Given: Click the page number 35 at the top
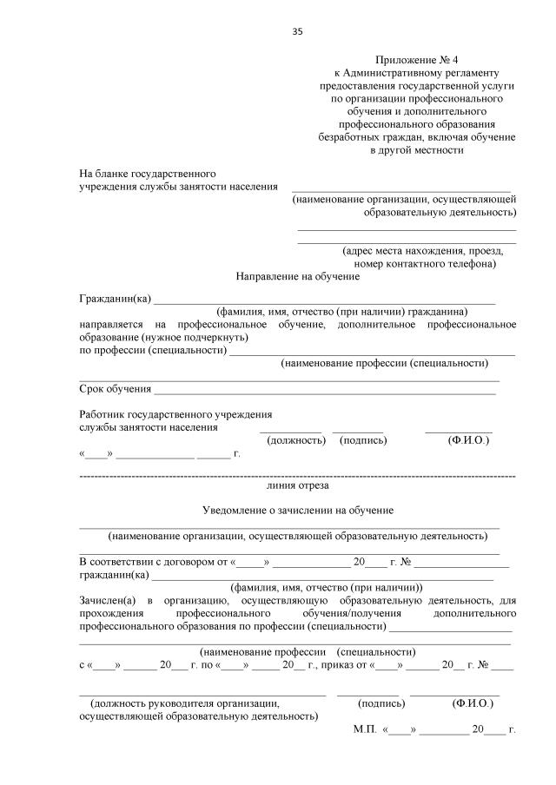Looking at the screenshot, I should click(297, 31).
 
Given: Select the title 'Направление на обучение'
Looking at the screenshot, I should click(297, 276).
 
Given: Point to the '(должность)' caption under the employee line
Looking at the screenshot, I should click(295, 440).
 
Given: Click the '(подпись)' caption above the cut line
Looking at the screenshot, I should click(363, 440).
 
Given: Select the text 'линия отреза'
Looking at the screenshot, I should click(297, 487).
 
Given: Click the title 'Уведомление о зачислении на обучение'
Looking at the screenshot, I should click(298, 510).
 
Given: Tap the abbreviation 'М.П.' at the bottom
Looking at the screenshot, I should click(364, 730).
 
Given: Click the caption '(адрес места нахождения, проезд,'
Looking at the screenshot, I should click(417, 250).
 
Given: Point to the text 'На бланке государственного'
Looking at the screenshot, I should click(148, 173).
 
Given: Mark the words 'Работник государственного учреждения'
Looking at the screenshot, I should click(175, 414).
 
